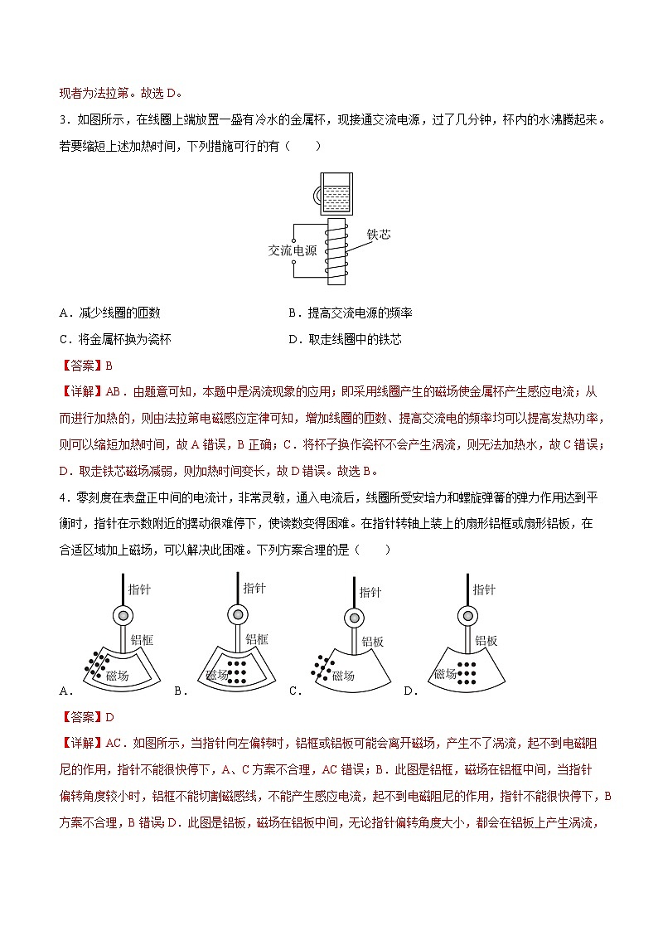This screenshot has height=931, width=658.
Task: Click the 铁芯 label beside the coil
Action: (x=378, y=235)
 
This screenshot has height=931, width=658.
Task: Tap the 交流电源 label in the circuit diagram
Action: (x=293, y=250)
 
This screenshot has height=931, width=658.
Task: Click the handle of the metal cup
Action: (x=317, y=196)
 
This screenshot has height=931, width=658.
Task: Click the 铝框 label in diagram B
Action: (x=257, y=639)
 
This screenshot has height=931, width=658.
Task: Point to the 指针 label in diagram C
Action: (x=370, y=592)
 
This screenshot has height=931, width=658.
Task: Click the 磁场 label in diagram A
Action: (x=119, y=676)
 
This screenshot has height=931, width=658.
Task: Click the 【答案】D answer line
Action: (x=87, y=717)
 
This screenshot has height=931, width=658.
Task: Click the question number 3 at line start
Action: (x=64, y=119)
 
